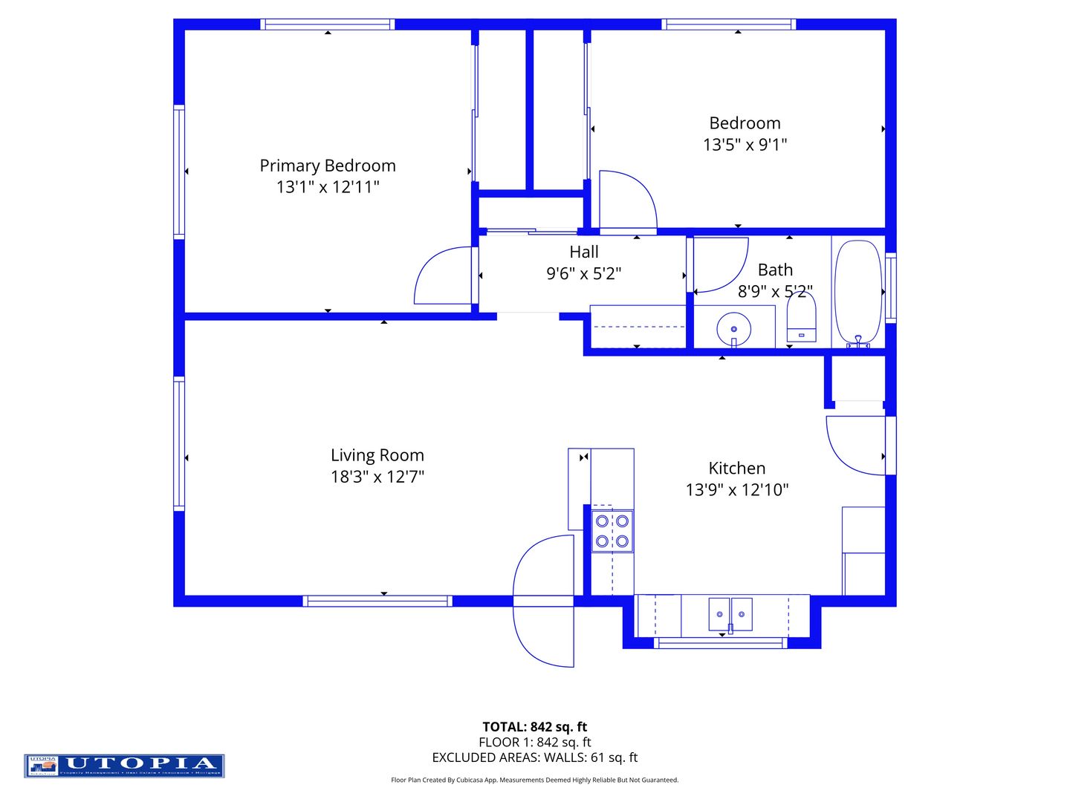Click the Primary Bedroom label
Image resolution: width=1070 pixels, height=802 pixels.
tap(328, 166)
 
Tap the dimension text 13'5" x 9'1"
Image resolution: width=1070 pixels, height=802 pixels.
tap(745, 145)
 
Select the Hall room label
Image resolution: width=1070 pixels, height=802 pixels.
tap(584, 252)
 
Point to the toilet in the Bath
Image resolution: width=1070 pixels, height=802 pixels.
tap(801, 319)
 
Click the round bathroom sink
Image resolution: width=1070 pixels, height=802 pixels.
tap(733, 328)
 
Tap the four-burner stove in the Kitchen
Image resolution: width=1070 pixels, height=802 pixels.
tap(612, 531)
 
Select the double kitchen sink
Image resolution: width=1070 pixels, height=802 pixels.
tap(730, 613)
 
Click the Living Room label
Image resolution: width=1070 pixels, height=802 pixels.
tap(377, 455)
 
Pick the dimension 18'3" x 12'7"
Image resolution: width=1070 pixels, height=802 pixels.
tap(377, 477)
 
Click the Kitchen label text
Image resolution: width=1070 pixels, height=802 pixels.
tap(736, 469)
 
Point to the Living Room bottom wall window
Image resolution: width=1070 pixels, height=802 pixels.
tap(377, 601)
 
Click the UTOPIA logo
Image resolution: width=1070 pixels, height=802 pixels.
tap(124, 766)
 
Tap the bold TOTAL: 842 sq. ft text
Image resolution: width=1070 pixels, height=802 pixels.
tap(534, 727)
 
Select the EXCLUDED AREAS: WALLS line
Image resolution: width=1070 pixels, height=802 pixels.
tap(534, 757)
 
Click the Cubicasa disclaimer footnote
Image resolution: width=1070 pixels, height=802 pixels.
tap(534, 780)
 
